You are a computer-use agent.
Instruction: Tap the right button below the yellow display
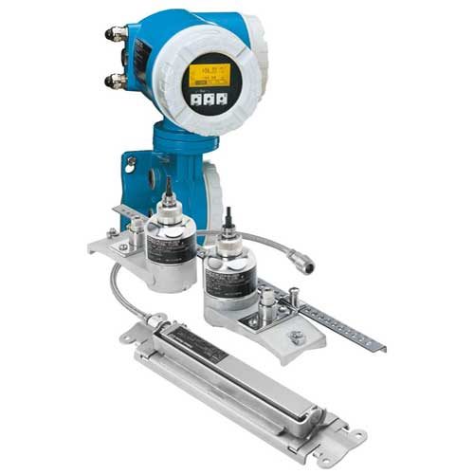point(222,97)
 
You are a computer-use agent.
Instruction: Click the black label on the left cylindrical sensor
point(173,249)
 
